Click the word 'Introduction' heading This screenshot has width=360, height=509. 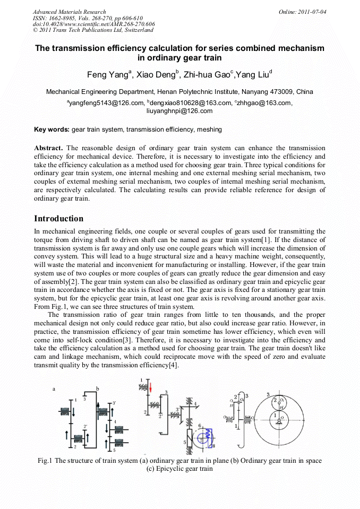(58, 219)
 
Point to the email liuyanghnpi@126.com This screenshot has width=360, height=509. (179, 111)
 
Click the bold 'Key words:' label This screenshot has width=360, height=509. (52, 129)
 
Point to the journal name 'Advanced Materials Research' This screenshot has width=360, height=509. (69, 12)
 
